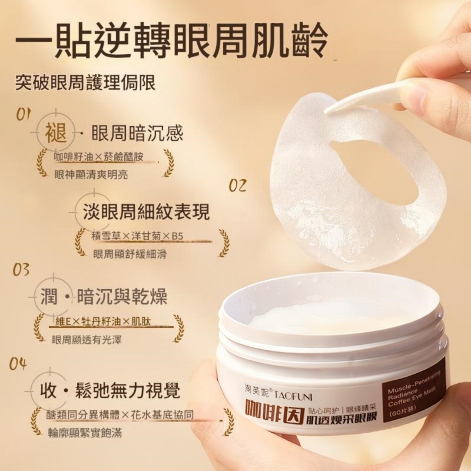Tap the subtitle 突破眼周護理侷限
85,82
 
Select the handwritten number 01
24,114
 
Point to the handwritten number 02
238,185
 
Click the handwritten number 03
21,270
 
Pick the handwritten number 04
18,364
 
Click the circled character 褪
56,133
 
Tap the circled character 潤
49,296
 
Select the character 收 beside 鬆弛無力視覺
48,390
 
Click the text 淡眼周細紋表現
146,212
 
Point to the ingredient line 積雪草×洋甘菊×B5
137,236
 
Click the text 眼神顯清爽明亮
91,174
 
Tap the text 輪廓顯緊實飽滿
85,433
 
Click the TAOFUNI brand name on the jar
293,397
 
